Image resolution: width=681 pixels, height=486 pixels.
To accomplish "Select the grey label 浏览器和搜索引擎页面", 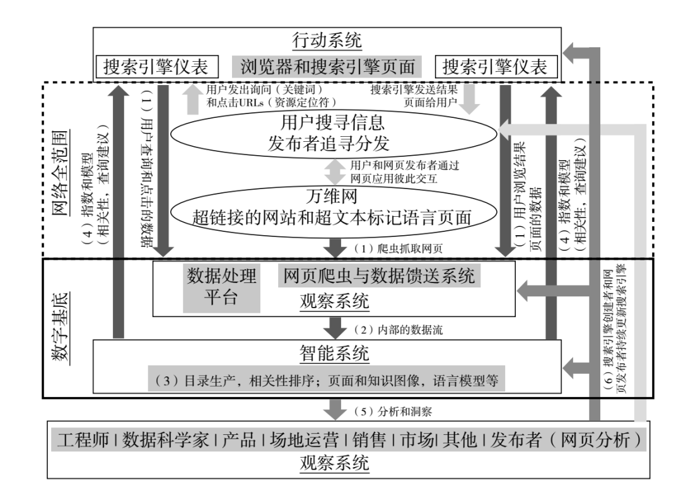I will pos(327,66).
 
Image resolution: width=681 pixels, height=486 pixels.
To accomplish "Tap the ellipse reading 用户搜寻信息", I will pos(332,119).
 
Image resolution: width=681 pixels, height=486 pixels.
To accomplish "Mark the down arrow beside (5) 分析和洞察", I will pos(334,411).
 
